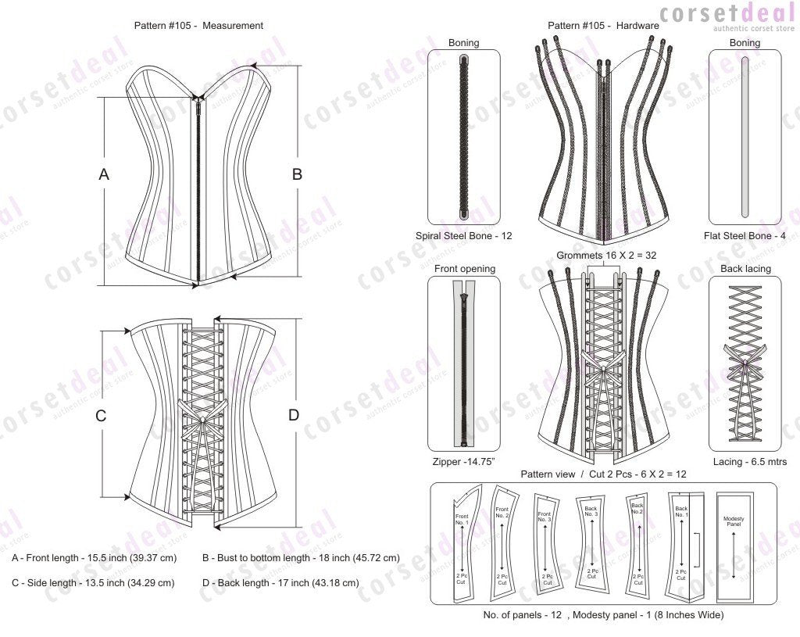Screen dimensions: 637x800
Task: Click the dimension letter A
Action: click(x=104, y=176)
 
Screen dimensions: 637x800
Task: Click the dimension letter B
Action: click(x=297, y=175)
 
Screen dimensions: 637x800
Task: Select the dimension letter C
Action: click(x=101, y=416)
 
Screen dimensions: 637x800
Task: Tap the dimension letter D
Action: click(x=294, y=415)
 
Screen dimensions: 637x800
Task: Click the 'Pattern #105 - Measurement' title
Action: click(x=199, y=26)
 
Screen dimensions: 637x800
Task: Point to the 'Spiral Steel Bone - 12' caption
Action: click(x=464, y=235)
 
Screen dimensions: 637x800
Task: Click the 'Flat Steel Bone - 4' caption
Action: click(x=745, y=235)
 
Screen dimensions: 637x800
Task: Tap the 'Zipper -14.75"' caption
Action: click(x=464, y=462)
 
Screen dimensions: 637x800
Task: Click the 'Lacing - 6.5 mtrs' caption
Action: click(x=745, y=462)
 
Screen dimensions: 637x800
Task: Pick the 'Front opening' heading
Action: click(x=464, y=269)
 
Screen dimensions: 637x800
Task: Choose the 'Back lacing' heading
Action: click(x=745, y=269)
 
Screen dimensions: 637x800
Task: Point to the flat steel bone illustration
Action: click(x=745, y=137)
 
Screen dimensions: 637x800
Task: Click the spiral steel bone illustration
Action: click(x=463, y=137)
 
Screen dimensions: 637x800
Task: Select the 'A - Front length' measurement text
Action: click(x=95, y=558)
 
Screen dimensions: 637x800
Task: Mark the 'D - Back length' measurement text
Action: click(x=280, y=583)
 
